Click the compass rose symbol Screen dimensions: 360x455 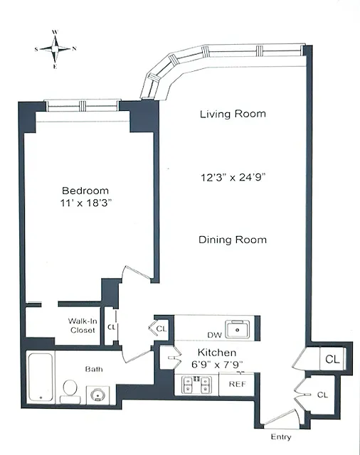(x=55, y=49)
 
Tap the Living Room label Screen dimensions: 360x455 (x=233, y=114)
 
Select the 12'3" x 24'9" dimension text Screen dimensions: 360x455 (x=233, y=177)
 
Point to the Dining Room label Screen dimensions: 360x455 (x=233, y=240)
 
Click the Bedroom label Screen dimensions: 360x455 (x=85, y=191)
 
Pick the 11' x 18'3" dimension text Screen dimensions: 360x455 (x=86, y=203)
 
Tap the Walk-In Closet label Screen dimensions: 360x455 (x=83, y=326)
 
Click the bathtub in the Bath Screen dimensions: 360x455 (x=41, y=377)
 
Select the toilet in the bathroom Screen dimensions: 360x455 (x=70, y=392)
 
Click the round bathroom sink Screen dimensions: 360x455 (x=97, y=395)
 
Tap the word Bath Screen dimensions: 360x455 (x=94, y=369)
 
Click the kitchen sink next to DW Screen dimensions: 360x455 (x=238, y=329)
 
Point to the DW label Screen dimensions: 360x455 (x=215, y=335)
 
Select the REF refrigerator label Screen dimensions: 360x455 (x=237, y=384)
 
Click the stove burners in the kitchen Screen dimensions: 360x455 (x=196, y=385)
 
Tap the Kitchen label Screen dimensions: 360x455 (x=217, y=353)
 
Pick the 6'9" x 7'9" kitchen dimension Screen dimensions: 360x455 (x=217, y=364)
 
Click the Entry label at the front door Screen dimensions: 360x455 (x=281, y=437)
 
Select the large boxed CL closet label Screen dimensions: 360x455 (x=332, y=359)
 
